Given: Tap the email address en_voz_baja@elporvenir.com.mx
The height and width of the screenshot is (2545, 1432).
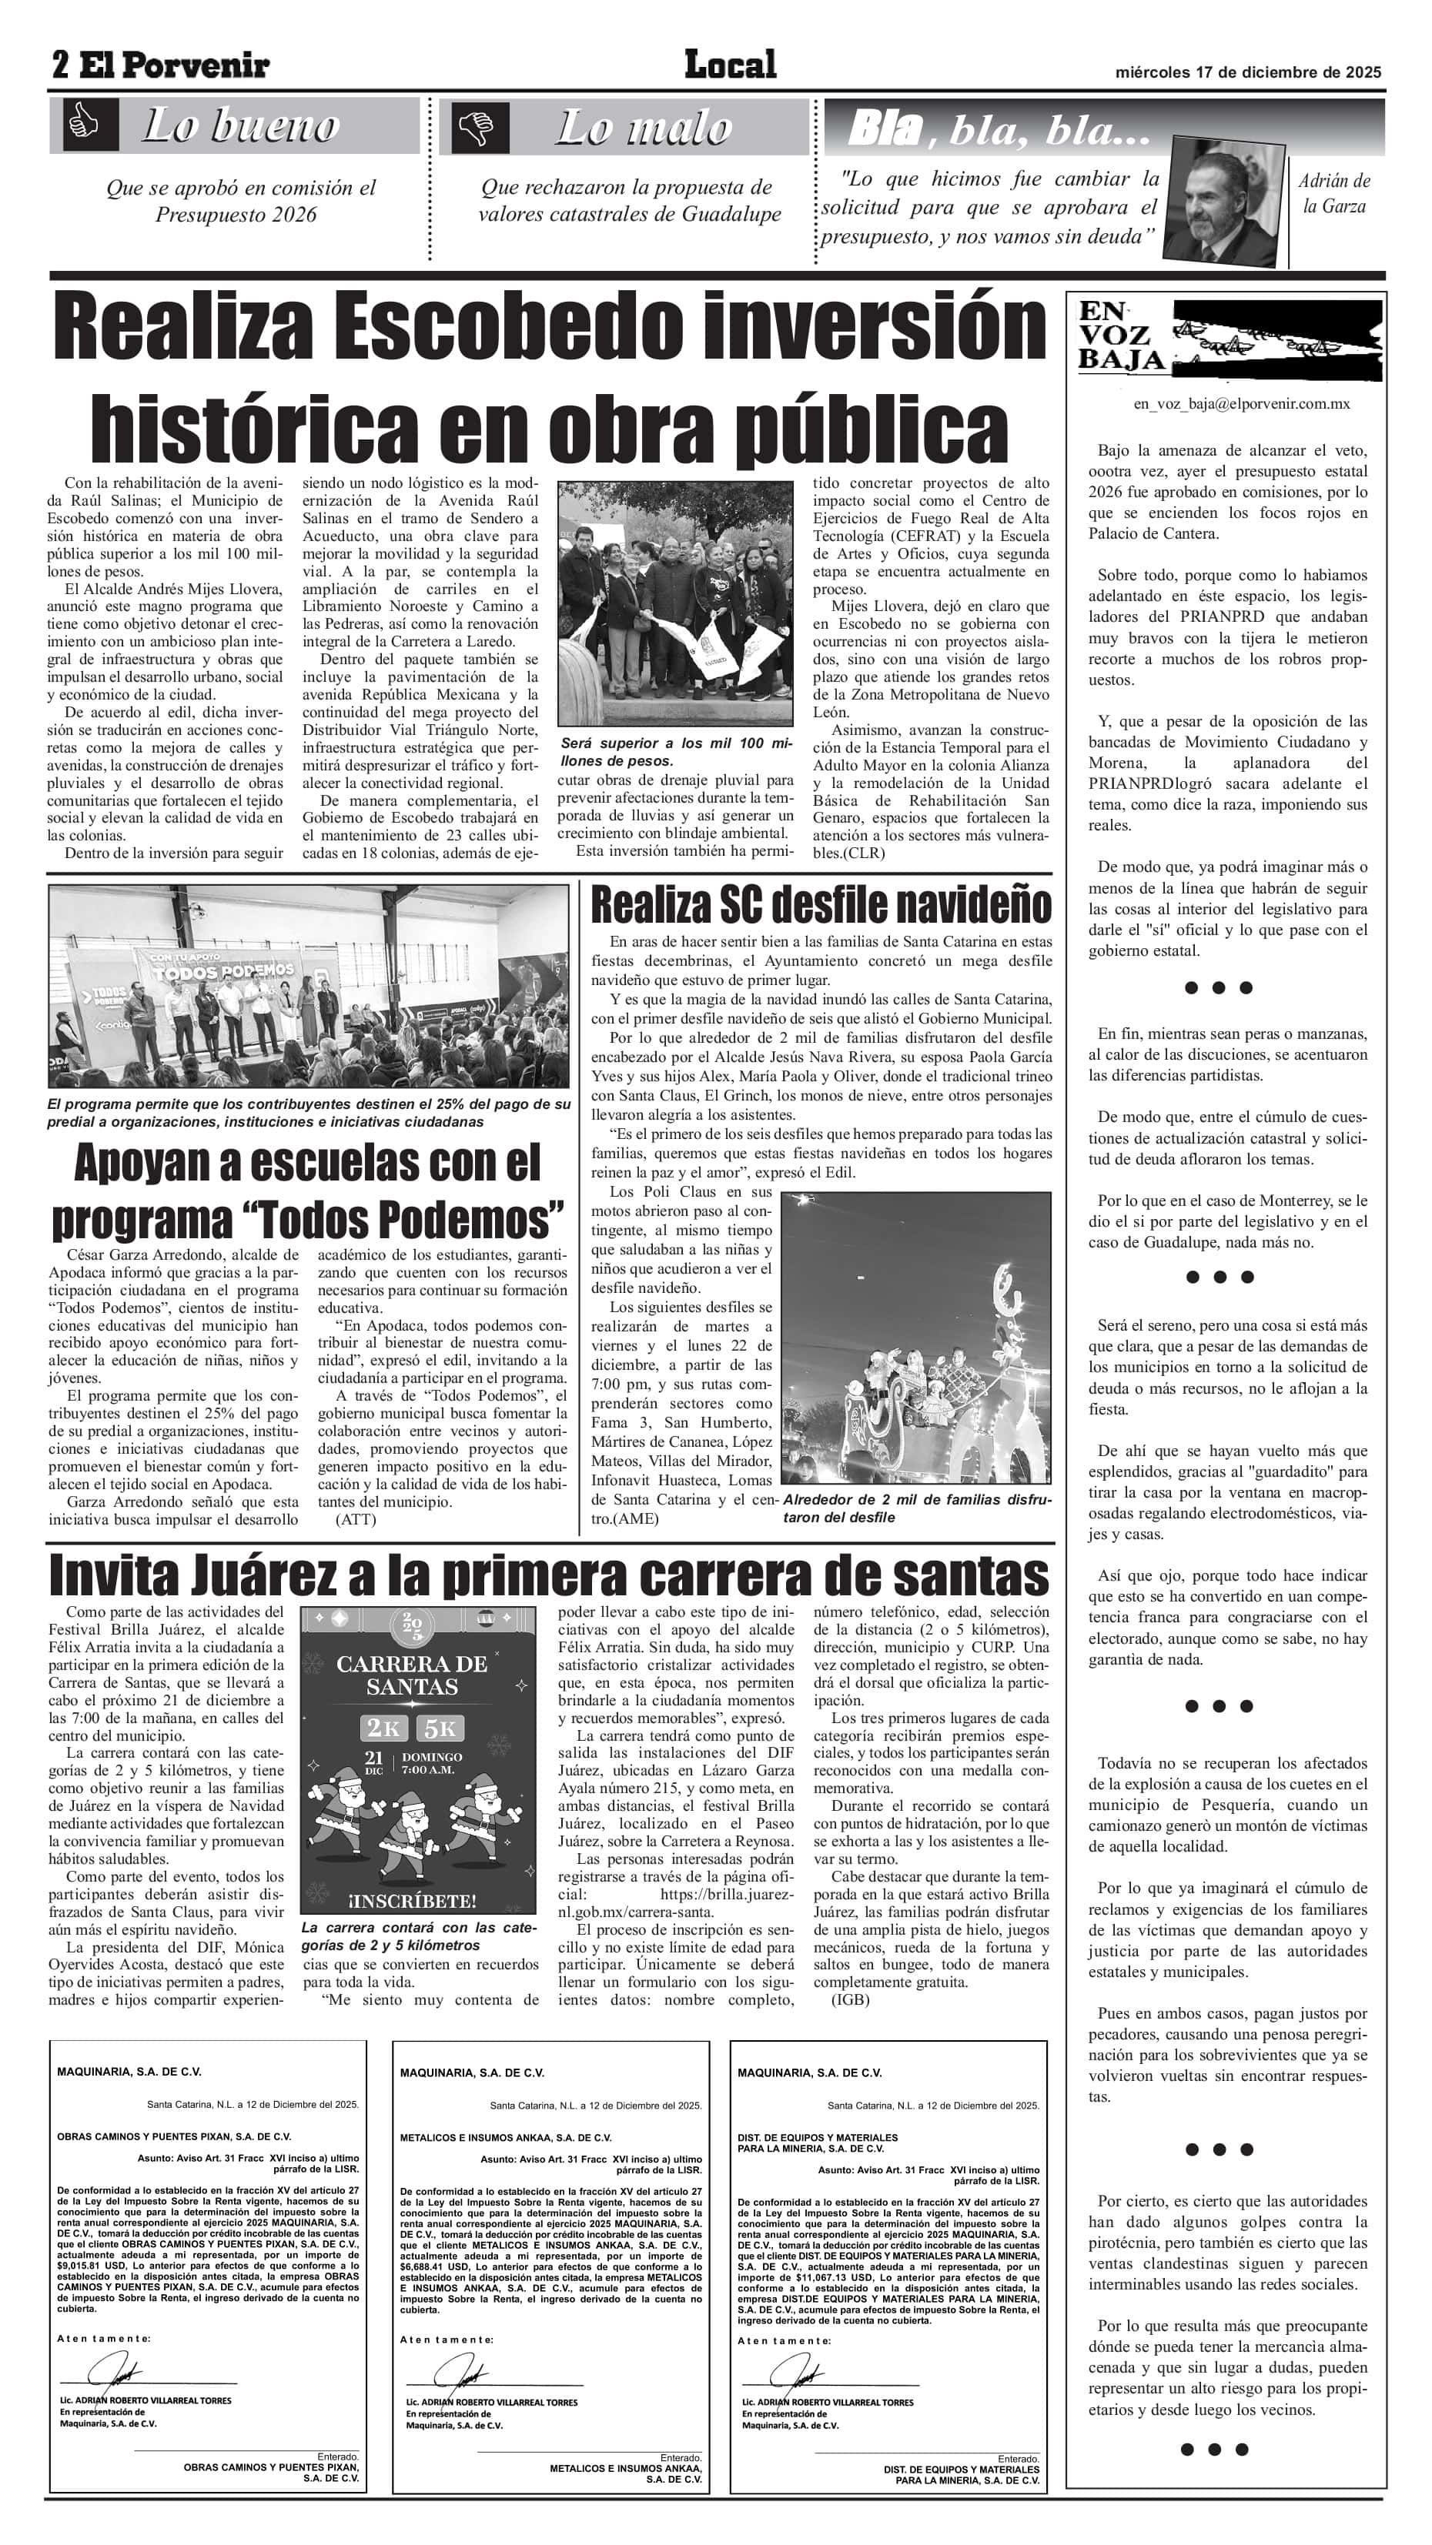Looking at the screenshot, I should click(x=1240, y=404).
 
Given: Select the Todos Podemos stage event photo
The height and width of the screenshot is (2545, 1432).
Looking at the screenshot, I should click(x=308, y=986).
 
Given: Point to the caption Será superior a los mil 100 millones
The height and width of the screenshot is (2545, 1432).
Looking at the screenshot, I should click(x=675, y=751).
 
